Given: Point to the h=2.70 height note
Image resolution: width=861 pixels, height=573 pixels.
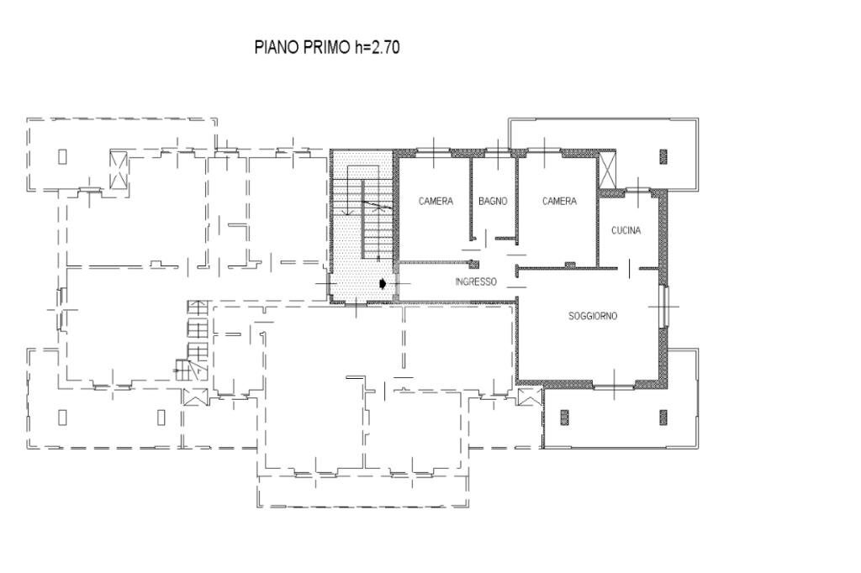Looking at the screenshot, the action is click(x=376, y=47).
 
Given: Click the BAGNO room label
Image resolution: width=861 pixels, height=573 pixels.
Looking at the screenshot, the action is click(x=493, y=202).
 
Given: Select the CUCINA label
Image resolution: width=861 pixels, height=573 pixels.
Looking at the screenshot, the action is click(x=626, y=230).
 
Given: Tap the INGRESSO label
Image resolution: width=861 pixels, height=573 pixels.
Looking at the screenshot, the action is click(x=476, y=281).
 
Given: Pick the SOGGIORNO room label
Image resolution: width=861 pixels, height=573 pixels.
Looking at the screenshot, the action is click(x=593, y=316).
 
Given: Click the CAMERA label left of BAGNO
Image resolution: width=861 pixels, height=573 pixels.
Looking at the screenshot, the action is click(x=436, y=202).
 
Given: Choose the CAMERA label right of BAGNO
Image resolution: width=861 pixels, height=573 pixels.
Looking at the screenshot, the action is click(x=559, y=202).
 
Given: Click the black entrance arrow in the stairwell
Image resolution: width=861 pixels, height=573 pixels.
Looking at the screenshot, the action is click(x=383, y=283).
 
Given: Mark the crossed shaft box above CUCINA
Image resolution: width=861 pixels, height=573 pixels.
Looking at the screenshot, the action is click(x=607, y=171).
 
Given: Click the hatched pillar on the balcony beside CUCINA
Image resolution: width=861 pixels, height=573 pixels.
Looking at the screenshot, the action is click(x=663, y=157).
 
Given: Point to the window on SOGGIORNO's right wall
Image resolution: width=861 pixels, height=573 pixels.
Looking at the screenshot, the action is click(x=664, y=307).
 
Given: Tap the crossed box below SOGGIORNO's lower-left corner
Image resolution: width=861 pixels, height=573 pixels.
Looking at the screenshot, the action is click(x=530, y=397).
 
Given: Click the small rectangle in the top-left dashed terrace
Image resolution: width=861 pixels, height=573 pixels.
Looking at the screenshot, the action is click(x=62, y=156).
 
